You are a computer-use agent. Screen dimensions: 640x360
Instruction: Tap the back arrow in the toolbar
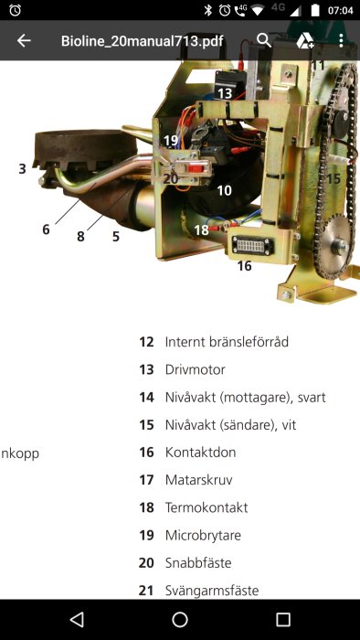24,40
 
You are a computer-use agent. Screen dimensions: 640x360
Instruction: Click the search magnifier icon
264,40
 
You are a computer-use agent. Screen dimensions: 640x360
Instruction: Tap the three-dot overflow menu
341,40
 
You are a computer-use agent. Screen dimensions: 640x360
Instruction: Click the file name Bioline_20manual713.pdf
142,41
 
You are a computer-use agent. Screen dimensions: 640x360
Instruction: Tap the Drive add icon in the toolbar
304,40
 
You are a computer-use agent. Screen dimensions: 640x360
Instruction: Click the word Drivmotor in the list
195,369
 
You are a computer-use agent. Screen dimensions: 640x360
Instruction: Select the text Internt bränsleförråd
227,342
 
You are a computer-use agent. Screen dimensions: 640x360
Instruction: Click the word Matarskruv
197,480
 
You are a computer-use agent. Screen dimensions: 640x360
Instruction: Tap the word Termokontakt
206,507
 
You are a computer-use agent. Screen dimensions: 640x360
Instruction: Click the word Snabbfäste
198,562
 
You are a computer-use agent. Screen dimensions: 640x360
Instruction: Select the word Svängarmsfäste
212,590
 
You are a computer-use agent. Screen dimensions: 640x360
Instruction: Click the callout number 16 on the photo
244,266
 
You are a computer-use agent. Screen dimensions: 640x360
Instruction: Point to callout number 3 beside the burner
22,168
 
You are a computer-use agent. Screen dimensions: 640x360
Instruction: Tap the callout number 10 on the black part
224,190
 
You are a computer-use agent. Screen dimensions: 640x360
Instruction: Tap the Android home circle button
180,620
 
